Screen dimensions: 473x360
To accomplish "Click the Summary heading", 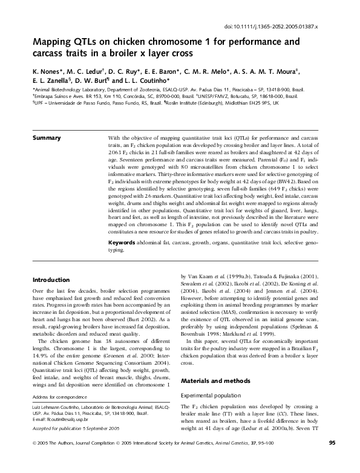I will click(x=47, y=139).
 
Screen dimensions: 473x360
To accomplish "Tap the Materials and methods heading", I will click(x=217, y=380).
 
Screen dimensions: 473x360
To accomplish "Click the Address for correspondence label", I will click(x=59, y=396).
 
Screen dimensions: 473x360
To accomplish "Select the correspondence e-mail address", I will click(x=61, y=419).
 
